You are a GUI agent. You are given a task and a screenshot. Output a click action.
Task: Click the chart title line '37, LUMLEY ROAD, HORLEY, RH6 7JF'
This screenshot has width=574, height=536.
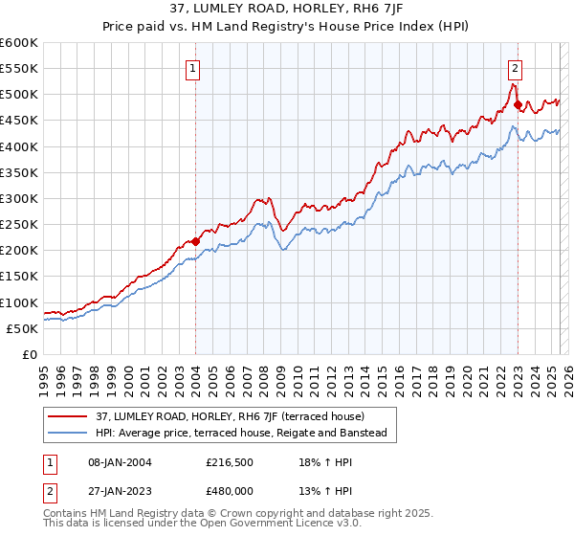(287, 9)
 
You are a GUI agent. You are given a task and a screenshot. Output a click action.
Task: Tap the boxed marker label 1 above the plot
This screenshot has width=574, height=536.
(194, 68)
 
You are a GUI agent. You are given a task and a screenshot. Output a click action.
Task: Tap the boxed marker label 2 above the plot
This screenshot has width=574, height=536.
(516, 68)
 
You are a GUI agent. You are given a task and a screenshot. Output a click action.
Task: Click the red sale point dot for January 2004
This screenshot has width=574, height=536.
(195, 241)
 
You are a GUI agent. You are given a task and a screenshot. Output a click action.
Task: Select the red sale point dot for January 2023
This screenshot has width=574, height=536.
(518, 104)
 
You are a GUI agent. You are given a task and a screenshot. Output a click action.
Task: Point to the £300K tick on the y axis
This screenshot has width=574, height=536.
(19, 198)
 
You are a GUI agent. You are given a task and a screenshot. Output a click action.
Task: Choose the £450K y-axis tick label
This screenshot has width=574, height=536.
(19, 121)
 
